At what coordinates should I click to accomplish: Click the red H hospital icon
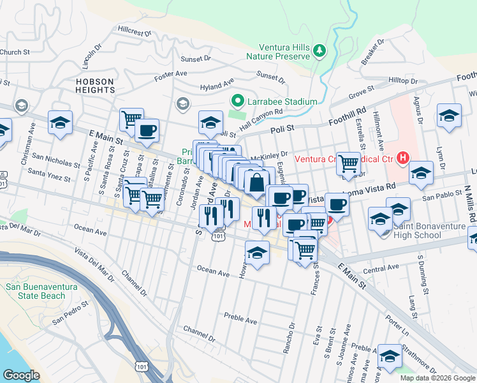coord(402,156)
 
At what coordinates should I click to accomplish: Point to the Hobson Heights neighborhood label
coord(95,86)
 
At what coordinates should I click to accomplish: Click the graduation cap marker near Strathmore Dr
coord(390,357)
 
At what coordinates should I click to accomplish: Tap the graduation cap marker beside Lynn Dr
coord(449,116)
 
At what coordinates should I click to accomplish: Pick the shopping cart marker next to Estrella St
coord(348,164)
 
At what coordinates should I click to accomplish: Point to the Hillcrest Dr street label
coord(134,31)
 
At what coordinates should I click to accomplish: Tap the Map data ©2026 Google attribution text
coord(437,378)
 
